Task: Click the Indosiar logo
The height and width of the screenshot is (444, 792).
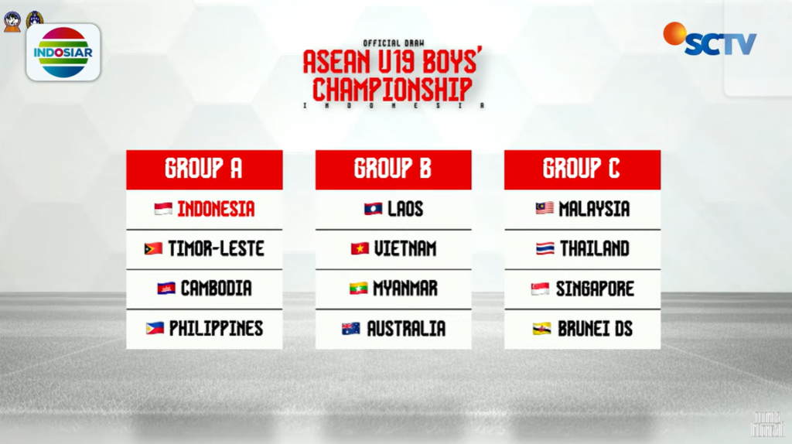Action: [x=63, y=53]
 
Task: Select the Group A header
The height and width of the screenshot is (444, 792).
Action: [x=204, y=169]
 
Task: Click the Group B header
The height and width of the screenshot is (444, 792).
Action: [x=393, y=169]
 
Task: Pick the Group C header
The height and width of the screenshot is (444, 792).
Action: [x=582, y=169]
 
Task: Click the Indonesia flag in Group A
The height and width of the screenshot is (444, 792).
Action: [x=163, y=209]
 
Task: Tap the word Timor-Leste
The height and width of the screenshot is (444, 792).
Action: [x=216, y=248]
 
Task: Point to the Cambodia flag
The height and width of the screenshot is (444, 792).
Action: [x=166, y=289]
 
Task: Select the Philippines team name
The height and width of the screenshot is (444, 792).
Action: [x=216, y=329]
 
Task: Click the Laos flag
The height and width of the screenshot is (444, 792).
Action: [x=374, y=209]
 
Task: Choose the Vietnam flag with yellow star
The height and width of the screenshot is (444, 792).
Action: [x=360, y=248]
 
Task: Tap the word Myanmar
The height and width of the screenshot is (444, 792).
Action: [x=405, y=289]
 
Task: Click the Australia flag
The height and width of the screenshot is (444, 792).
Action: [x=351, y=329]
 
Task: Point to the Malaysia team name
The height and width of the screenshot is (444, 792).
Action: [x=594, y=209]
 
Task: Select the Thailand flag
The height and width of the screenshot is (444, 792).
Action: [x=545, y=248]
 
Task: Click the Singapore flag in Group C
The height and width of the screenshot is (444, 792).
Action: [x=540, y=289]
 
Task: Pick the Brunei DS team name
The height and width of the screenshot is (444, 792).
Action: [x=595, y=329]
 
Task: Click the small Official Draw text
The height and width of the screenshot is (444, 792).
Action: [x=394, y=43]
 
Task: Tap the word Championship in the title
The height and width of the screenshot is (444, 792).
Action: [x=392, y=90]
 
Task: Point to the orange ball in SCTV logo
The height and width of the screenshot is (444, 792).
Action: [x=674, y=33]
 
